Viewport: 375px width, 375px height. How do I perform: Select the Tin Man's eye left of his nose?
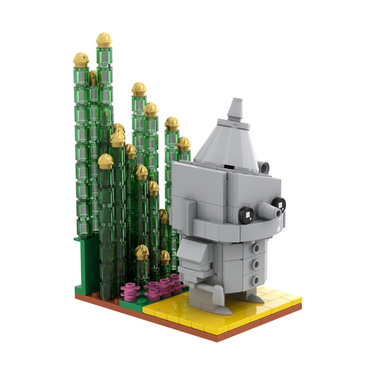[247, 215]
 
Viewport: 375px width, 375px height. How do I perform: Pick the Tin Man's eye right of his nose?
[278, 203]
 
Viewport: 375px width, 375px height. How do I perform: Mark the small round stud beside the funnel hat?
[265, 166]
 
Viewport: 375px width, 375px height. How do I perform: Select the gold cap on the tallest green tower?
[104, 40]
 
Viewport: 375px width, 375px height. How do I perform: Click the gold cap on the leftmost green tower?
[81, 60]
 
